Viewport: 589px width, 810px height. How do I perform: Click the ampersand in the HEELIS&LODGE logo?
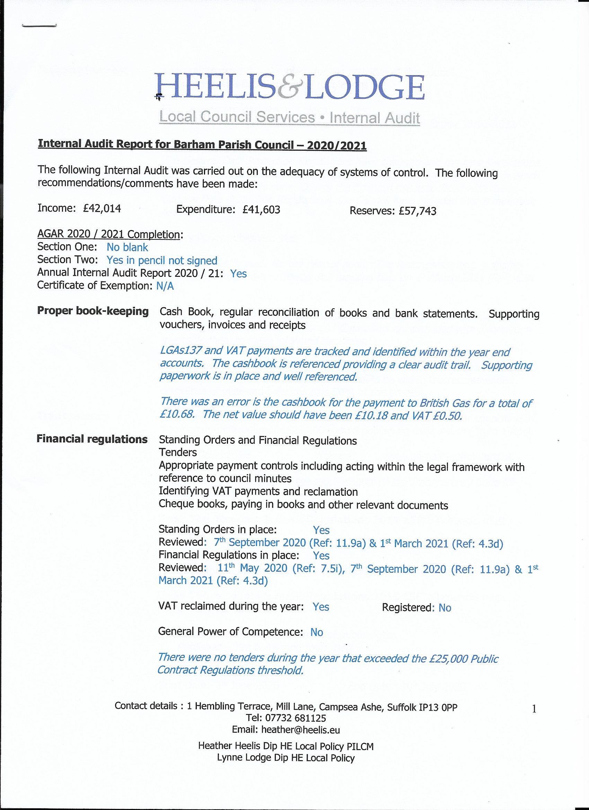coord(290,87)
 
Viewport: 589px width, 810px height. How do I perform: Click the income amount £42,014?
coord(102,208)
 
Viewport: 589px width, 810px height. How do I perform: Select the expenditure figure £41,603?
coord(261,210)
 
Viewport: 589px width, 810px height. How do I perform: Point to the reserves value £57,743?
coord(417,211)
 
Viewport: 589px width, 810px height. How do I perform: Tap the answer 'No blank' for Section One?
coord(127,247)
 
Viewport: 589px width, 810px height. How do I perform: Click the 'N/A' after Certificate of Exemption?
coord(165,286)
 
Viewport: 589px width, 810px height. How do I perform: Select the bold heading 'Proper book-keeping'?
coord(93,311)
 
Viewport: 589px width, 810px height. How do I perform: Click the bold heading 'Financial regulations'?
coord(92,439)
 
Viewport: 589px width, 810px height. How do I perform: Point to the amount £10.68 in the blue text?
coord(177,414)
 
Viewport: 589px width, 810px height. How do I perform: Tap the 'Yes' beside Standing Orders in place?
coord(321,530)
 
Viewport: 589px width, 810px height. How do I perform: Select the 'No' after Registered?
coord(445,608)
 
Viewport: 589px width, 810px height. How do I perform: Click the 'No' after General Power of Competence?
coord(316,632)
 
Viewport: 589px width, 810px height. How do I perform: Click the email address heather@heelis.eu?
coord(300,730)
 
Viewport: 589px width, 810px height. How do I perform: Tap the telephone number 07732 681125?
coord(296,718)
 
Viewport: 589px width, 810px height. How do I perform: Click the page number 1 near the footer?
coord(534,709)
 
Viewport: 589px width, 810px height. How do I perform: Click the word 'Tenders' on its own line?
coord(177,452)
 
